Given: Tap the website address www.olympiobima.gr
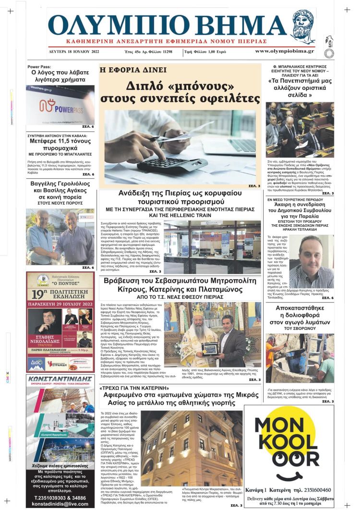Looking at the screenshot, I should point(284,51).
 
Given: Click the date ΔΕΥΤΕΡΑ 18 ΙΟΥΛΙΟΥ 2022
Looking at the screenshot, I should point(74,51).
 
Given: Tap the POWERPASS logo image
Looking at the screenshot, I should point(60,104).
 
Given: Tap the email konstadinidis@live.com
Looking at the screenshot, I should point(60,503).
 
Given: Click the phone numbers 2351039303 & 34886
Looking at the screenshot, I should point(60,497).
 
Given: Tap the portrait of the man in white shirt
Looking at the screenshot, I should point(312,262).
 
